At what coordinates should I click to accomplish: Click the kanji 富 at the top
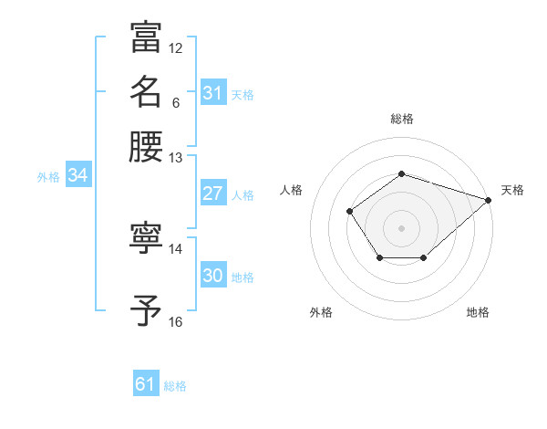point(146,37)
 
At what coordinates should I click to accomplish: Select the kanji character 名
point(146,91)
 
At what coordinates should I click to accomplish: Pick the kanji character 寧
point(146,239)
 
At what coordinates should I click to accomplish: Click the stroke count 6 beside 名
point(175,102)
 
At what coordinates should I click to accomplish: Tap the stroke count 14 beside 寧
point(176,248)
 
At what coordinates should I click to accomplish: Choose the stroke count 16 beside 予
point(176,321)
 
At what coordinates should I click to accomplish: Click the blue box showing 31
point(213,93)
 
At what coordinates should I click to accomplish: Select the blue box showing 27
point(213,194)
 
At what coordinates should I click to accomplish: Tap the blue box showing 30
point(213,276)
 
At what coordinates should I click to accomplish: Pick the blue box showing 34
point(77,176)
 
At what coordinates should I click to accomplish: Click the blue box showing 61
point(146,385)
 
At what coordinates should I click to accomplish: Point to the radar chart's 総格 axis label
point(402,119)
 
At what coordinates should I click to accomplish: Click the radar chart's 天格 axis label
point(512,190)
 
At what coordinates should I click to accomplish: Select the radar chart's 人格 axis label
point(292,190)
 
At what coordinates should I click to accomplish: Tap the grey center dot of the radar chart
point(402,227)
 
